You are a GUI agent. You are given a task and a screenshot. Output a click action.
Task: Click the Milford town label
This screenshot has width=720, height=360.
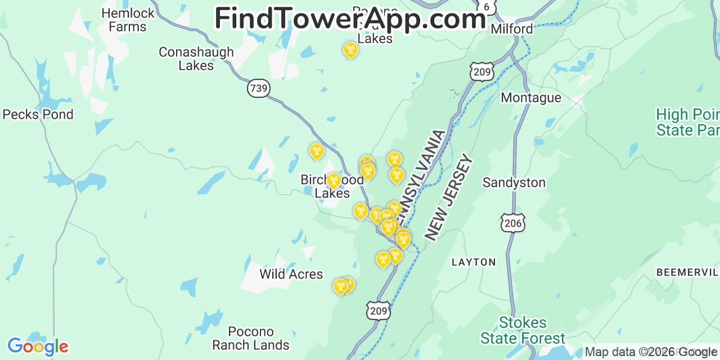pyautogui.click(x=511, y=29)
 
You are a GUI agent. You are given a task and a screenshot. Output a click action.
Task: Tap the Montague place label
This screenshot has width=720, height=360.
pyautogui.click(x=530, y=98)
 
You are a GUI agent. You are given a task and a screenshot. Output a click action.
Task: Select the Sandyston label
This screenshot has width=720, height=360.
pyautogui.click(x=514, y=183)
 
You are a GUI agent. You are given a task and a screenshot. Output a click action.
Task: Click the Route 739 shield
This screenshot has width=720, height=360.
pyautogui.click(x=258, y=88)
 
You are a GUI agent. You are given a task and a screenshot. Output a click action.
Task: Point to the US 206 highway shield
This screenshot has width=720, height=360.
pyautogui.click(x=513, y=223)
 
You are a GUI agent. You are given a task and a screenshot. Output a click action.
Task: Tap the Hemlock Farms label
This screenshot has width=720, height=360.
pyautogui.click(x=128, y=20)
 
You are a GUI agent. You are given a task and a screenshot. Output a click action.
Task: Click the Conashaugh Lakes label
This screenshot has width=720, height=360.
pyautogui.click(x=196, y=58)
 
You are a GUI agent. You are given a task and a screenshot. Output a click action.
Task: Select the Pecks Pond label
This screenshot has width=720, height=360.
pyautogui.click(x=38, y=114)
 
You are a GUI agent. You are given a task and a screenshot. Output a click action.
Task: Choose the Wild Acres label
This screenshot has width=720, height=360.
pyautogui.click(x=291, y=274)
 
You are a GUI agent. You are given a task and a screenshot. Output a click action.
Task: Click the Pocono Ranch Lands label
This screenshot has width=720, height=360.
pyautogui.click(x=251, y=339)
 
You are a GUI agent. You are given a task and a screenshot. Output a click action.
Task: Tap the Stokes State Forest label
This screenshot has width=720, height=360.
pyautogui.click(x=523, y=330)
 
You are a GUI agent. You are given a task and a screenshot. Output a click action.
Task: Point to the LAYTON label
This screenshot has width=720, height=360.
pyautogui.click(x=474, y=262)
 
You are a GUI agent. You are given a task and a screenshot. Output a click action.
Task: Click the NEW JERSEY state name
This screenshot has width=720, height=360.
pyautogui.click(x=448, y=197)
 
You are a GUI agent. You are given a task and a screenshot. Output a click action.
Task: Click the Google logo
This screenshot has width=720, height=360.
pyautogui.click(x=37, y=346)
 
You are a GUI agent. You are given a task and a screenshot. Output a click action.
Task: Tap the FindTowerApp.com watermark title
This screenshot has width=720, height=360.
pyautogui.click(x=350, y=19)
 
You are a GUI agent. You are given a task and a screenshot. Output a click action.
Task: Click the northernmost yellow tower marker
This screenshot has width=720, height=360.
pyautogui.click(x=350, y=51)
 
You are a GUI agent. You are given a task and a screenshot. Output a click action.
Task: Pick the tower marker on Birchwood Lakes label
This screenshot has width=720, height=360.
pyautogui.click(x=333, y=181)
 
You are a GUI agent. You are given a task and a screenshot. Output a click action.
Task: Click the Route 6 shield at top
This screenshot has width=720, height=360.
pyautogui.click(x=487, y=6)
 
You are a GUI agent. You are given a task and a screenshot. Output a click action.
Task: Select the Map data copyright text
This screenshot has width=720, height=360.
pyautogui.click(x=651, y=352)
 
